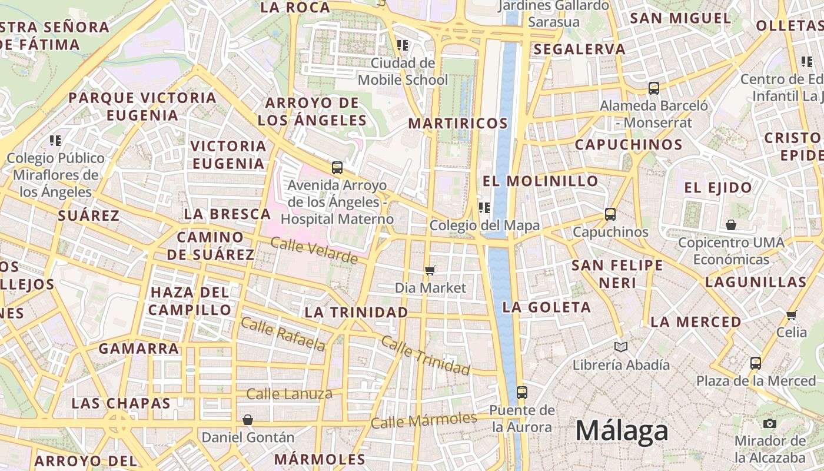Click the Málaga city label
point(622,431)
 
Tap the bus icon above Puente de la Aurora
point(521,392)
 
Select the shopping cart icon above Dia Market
point(430,270)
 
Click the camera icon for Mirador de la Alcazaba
point(769,423)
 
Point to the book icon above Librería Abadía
point(620,347)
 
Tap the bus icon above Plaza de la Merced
point(756,363)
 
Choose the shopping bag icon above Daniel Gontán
point(248,420)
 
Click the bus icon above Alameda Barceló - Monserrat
point(653,88)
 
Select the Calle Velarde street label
point(314,250)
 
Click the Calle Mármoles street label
point(424,420)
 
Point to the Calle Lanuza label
point(289,394)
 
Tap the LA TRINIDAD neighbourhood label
point(356,312)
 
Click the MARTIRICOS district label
point(457,123)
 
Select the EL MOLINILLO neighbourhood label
point(540,181)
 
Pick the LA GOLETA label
point(546,307)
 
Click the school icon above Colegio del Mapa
point(484,207)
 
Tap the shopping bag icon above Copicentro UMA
point(730,225)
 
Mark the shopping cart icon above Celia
point(791,315)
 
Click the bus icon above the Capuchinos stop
point(610,214)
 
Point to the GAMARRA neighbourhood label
point(138,349)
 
